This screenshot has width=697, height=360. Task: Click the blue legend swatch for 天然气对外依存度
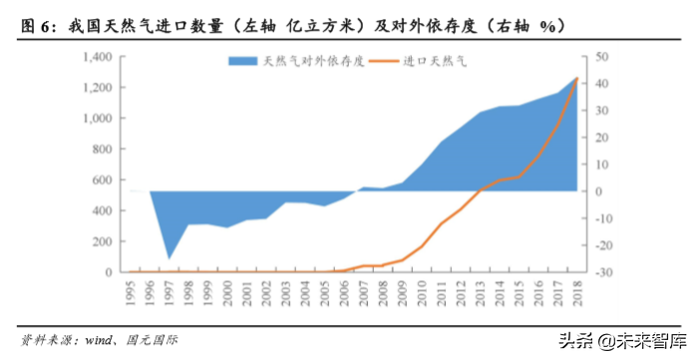pos(243,62)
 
